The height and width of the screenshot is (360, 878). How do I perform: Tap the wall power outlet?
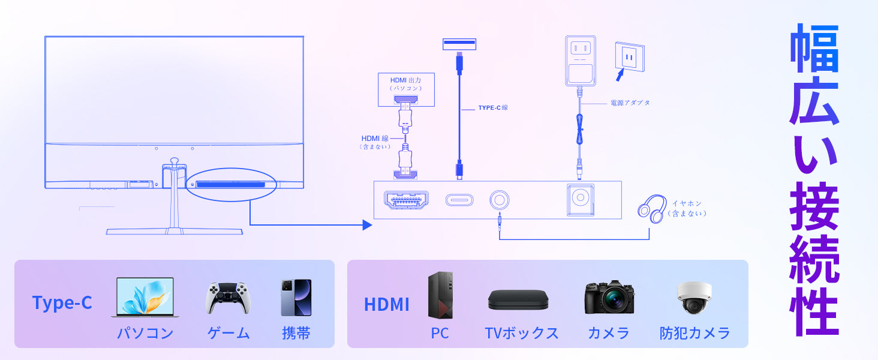pyautogui.click(x=629, y=57)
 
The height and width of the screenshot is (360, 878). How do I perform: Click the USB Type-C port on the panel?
pyautogui.click(x=459, y=200)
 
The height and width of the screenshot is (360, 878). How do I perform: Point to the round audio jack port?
pyautogui.click(x=499, y=200)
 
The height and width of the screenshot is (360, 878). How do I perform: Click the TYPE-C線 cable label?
pyautogui.click(x=493, y=108)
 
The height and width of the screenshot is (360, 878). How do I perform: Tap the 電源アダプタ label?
pyautogui.click(x=630, y=103)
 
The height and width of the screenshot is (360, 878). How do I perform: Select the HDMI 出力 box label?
pyautogui.click(x=406, y=83)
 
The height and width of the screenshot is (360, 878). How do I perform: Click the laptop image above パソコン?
pyautogui.click(x=143, y=297)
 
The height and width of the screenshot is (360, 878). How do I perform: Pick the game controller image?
pyautogui.click(x=228, y=298)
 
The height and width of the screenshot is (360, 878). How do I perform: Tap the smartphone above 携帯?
pyautogui.click(x=296, y=298)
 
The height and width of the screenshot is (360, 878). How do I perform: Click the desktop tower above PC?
pyautogui.click(x=440, y=295)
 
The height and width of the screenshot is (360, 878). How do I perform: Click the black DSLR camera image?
pyautogui.click(x=609, y=297)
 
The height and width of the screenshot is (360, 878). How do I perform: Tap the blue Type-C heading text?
pyautogui.click(x=62, y=303)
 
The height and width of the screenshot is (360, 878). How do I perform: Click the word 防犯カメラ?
pyautogui.click(x=694, y=333)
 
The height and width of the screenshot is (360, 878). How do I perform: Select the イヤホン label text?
pyautogui.click(x=687, y=204)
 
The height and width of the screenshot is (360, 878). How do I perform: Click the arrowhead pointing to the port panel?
pyautogui.click(x=367, y=225)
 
